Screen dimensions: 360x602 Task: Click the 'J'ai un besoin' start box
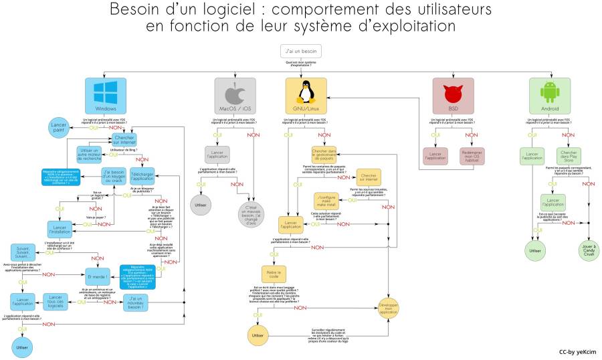coord(300,51)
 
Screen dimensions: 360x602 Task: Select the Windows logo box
coord(106,95)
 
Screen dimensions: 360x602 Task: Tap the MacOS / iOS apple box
coord(235,95)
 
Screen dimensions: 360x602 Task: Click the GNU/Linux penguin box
coord(306,95)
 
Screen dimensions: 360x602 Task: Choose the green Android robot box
coord(550,95)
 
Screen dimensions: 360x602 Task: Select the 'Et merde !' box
coord(98,276)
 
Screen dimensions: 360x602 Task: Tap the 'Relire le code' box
coord(272,275)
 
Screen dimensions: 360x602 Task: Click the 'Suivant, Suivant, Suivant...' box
coord(23,253)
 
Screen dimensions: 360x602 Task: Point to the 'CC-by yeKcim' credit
coord(577,351)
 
